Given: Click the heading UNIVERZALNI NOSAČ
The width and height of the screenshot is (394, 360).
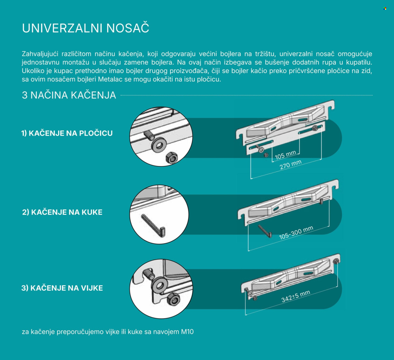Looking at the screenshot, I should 85,28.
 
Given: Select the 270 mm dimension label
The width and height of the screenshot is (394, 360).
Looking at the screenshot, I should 291,165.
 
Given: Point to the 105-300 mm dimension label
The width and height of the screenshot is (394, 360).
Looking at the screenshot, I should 296,233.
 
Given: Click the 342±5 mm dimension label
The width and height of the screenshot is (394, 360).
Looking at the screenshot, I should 296,296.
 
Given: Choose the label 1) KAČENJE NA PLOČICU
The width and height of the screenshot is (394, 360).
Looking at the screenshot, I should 67,133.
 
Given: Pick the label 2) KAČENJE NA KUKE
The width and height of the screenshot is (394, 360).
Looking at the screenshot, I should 62,212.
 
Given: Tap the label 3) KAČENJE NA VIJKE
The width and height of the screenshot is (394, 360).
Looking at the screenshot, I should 62,288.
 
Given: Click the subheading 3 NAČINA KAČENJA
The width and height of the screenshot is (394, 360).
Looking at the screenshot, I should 69,95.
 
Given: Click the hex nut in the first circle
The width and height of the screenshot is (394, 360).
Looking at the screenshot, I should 171,157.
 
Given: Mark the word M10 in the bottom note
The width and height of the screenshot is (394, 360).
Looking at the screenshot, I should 187,332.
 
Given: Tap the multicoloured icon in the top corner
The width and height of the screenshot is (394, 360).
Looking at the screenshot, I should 385,9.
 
